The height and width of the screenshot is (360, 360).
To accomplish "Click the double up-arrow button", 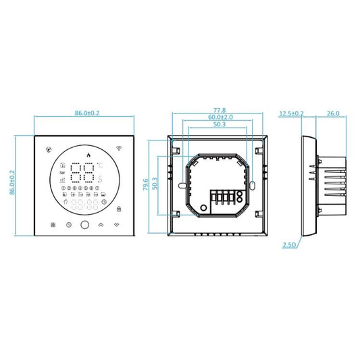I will [101, 225].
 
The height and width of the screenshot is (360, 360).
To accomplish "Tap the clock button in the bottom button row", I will [69, 225].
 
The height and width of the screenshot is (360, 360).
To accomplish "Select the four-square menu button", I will [53, 225].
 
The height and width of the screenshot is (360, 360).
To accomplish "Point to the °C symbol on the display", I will [100, 165].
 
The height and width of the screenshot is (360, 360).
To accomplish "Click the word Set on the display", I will [63, 173].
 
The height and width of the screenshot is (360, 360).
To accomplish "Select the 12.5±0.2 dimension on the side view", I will [290, 113].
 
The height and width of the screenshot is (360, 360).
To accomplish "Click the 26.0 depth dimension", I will [332, 113].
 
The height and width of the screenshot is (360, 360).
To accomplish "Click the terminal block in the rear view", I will [226, 199].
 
